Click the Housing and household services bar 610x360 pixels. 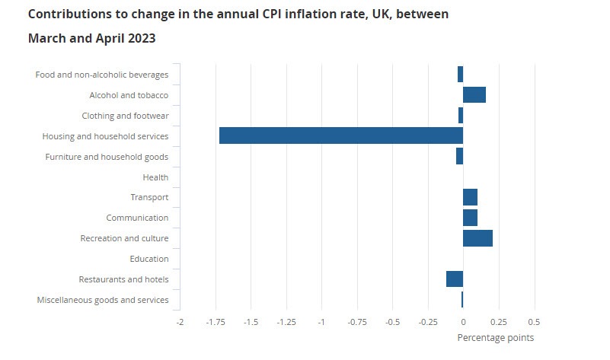(340, 135)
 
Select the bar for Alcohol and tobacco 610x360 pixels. (474, 95)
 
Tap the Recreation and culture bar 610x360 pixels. (477, 238)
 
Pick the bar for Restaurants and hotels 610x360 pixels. (455, 279)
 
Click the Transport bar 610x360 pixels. (470, 197)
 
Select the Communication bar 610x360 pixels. (470, 218)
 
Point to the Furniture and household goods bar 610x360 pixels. (459, 156)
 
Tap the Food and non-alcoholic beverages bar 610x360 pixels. (460, 75)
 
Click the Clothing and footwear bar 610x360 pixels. (460, 116)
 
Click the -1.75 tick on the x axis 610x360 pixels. (215, 322)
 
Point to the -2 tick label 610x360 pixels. (180, 322)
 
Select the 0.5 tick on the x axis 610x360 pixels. (534, 322)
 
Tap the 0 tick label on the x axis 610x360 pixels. (463, 322)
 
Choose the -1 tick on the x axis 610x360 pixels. (321, 322)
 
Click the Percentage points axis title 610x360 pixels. (495, 337)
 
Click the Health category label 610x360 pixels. (155, 177)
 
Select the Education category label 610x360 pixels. (149, 259)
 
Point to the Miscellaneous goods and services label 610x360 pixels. (103, 300)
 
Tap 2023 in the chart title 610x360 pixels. (142, 38)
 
